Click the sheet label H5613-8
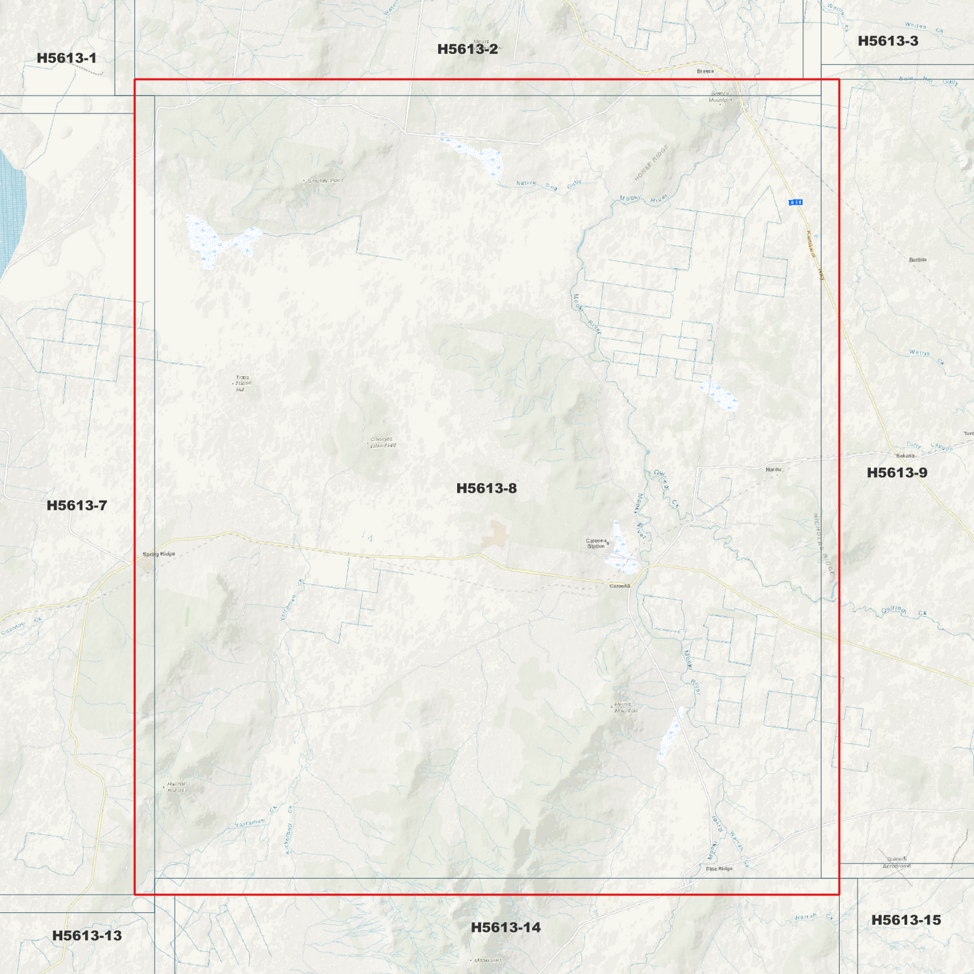point(486,488)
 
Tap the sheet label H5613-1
point(66,58)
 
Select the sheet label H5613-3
point(888,41)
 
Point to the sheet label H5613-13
point(87,936)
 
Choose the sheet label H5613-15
point(906,920)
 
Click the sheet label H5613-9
point(896,473)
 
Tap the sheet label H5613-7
point(76,506)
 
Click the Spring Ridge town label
point(158,554)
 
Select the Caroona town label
point(619,586)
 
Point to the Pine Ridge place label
point(719,869)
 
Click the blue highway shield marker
point(795,202)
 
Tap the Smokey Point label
point(325,181)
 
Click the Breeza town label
point(704,71)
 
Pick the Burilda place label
point(917,260)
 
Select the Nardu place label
point(772,469)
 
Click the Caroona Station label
point(596,543)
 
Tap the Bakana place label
point(905,456)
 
